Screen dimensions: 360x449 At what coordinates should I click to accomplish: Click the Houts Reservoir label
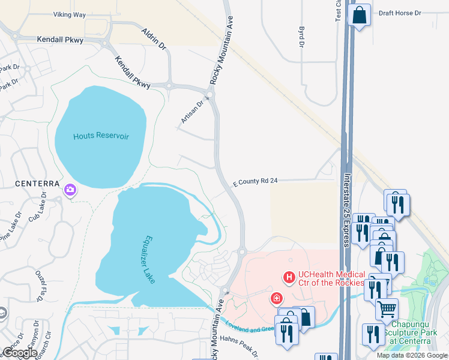[101, 136]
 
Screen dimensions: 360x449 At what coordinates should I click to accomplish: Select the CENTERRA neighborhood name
[25, 182]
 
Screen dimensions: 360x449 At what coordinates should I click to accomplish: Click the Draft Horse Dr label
[402, 12]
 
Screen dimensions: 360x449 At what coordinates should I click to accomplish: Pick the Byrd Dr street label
[301, 36]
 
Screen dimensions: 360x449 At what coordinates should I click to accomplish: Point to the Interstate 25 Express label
[347, 210]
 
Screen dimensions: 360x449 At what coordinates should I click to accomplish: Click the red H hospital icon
[289, 277]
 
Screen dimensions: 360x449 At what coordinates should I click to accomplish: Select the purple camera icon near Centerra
[70, 191]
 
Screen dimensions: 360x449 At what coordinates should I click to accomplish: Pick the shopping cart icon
[387, 310]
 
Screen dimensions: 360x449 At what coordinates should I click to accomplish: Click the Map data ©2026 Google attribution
[411, 355]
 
